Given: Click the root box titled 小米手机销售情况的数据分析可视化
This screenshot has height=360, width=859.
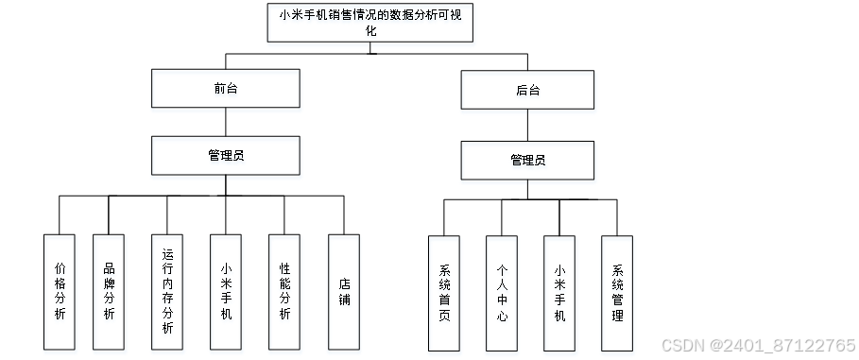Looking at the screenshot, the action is [369, 23].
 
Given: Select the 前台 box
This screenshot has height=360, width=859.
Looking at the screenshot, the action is [226, 88].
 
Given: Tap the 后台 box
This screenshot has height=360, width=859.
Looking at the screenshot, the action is [527, 90].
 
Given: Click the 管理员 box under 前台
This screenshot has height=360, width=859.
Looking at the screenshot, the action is [226, 156].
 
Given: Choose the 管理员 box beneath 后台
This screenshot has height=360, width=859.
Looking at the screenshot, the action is [527, 161].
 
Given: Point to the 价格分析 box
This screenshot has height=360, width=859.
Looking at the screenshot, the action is [60, 292].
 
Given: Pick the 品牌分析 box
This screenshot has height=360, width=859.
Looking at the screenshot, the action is [109, 292].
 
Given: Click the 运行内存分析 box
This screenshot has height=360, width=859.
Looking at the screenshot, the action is [167, 292].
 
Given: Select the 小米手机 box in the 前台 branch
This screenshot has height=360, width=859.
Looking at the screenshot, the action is [226, 292].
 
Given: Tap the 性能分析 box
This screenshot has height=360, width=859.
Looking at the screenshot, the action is [284, 292].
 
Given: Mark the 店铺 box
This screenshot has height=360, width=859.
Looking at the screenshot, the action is [344, 292].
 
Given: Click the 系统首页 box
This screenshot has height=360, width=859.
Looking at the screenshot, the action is [444, 293].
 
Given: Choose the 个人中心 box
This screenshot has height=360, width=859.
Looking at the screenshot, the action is [502, 293].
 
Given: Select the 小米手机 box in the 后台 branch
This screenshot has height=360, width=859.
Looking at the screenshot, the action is [559, 293].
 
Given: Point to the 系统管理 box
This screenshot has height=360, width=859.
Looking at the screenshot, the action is [617, 293].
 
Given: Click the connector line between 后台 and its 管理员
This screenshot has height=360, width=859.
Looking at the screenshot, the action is [527, 125].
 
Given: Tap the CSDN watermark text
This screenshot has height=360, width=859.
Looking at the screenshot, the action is [759, 345].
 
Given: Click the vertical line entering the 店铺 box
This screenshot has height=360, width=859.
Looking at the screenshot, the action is [344, 215].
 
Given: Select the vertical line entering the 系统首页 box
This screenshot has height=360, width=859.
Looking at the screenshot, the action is [444, 217].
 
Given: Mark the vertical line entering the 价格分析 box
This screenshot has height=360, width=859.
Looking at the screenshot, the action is [60, 215].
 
